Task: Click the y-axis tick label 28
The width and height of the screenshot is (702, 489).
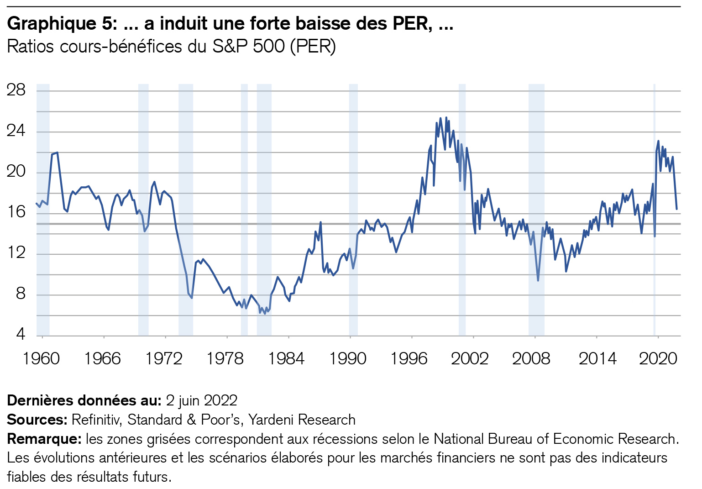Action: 16,90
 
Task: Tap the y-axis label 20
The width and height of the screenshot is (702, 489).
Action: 16,172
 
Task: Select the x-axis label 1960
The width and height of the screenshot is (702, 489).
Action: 42,359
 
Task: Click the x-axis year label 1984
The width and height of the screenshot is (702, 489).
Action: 287,359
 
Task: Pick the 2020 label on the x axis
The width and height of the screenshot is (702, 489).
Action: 658,359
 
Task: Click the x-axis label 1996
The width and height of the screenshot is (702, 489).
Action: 409,359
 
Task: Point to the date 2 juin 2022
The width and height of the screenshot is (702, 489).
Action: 201,400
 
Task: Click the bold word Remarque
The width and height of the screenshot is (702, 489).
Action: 44,439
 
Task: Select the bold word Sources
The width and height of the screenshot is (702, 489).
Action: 37,420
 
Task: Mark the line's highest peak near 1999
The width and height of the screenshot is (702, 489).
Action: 446,117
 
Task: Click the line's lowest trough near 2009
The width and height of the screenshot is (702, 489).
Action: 538,280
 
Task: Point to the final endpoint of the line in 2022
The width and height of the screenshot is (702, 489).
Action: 676,209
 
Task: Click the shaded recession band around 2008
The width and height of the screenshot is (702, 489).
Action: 536,210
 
